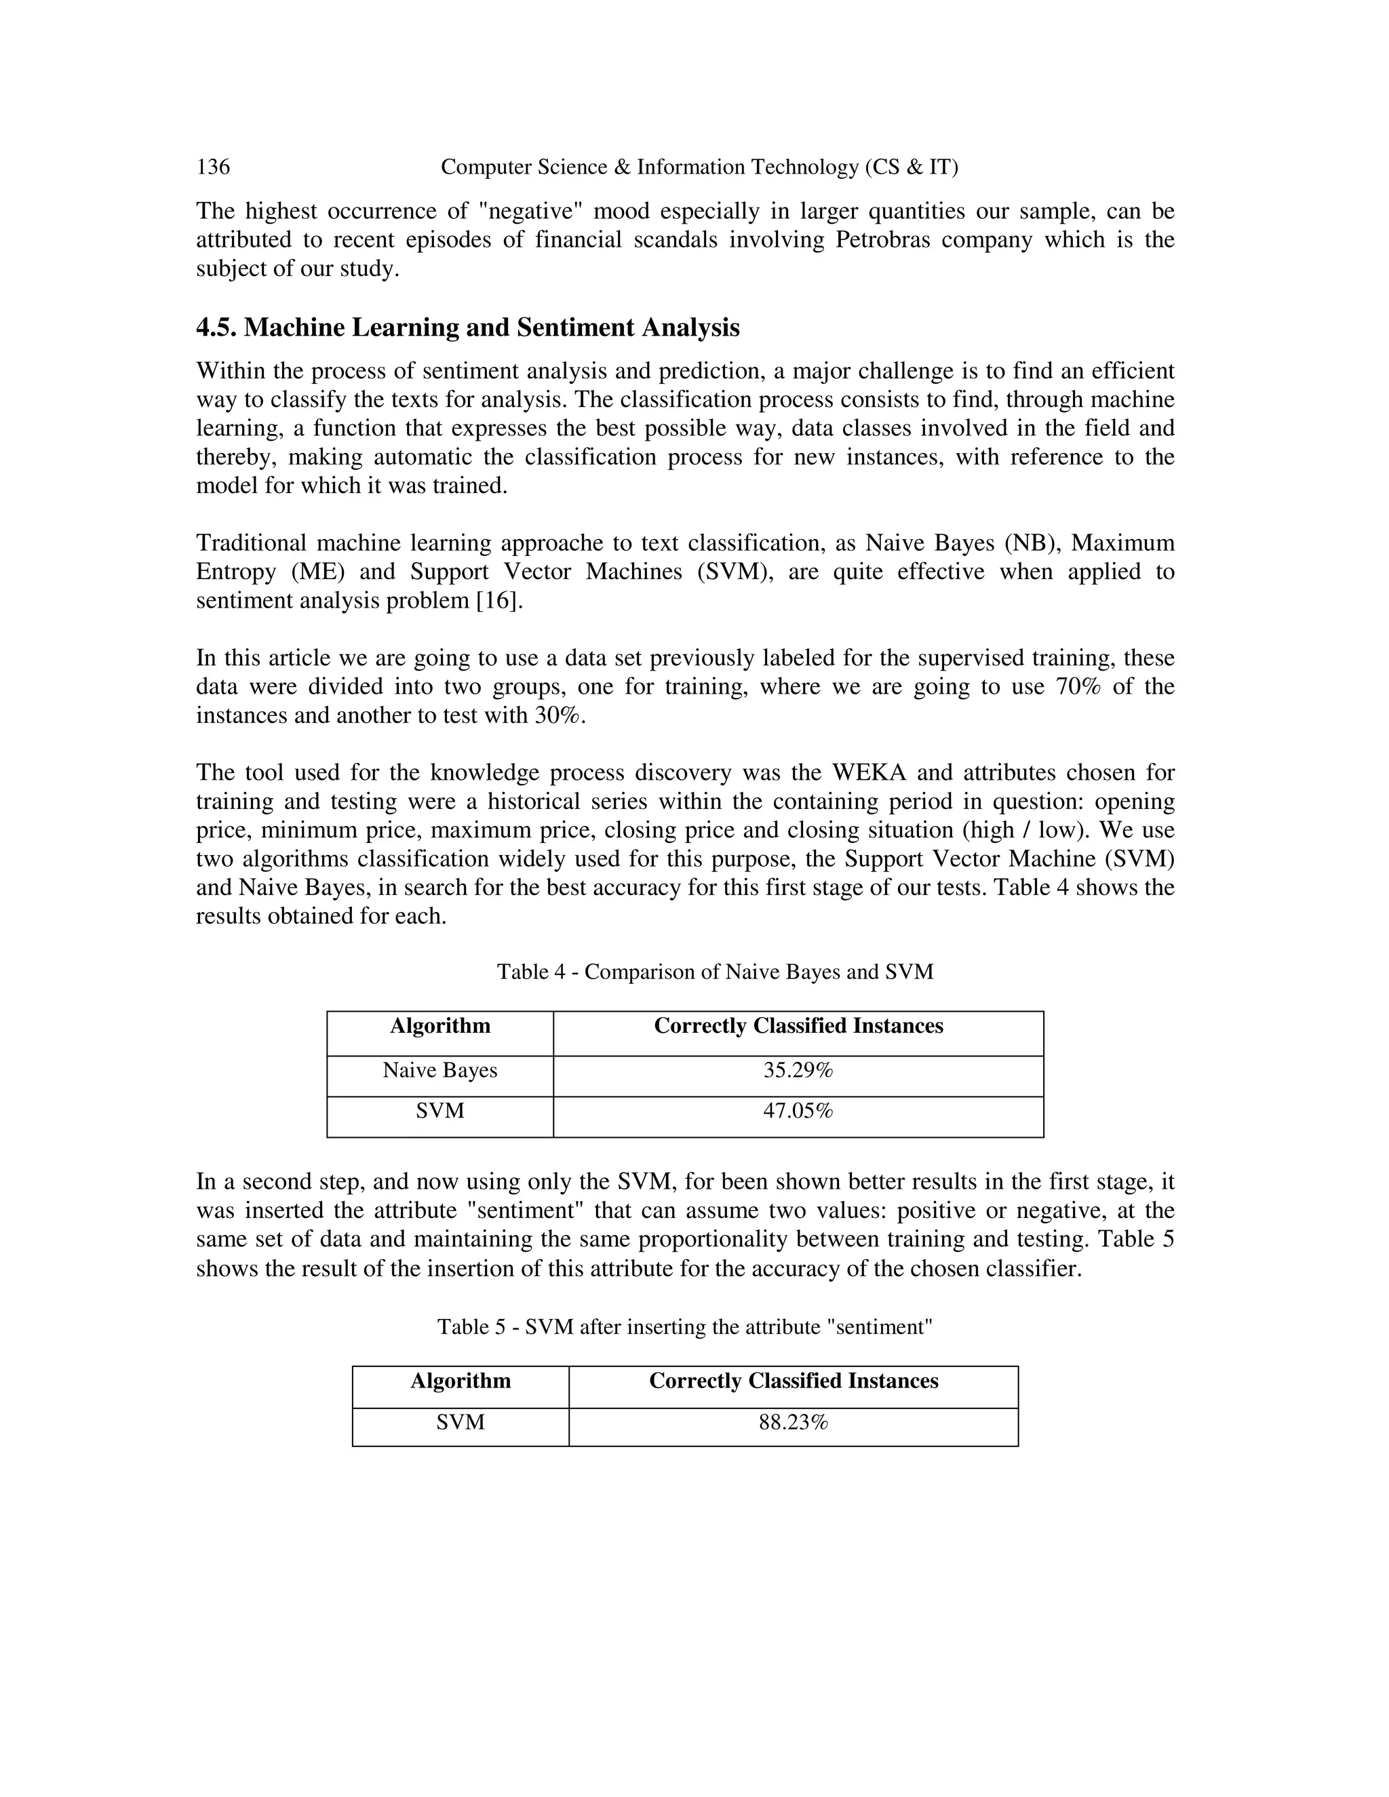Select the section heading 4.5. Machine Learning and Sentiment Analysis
tap(467, 328)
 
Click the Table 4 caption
tap(715, 972)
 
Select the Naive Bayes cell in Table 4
tap(440, 1071)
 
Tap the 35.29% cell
tap(798, 1071)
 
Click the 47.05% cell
tap(798, 1111)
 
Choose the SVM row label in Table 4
tap(440, 1111)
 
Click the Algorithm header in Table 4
tap(440, 1026)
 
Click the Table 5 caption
tap(684, 1327)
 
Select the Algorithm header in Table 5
tap(461, 1381)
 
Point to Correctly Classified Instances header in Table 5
tap(794, 1381)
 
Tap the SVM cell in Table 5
tap(461, 1423)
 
